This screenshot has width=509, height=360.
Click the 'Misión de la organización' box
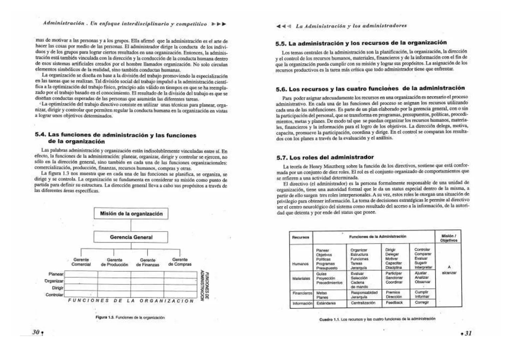coord(131,214)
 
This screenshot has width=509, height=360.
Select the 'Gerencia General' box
coord(131,237)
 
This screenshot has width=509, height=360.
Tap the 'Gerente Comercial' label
coord(81,262)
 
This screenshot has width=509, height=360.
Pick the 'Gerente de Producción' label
coord(114,262)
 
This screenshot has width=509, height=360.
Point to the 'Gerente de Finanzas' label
coord(148,262)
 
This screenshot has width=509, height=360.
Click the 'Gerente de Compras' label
coord(180,262)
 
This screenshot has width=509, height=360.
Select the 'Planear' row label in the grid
coord(56,274)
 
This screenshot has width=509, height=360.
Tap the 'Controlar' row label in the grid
coord(54,295)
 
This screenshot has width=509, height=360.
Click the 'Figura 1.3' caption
coord(130,317)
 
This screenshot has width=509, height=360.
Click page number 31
coord(468,333)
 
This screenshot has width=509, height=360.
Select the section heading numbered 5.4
coord(115,138)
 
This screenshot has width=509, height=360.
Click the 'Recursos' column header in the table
coord(300,237)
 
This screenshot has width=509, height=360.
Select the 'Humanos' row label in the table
coord(300,264)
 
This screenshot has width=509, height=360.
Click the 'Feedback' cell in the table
coord(394,303)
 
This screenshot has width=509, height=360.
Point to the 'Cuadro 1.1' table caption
coord(377,319)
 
